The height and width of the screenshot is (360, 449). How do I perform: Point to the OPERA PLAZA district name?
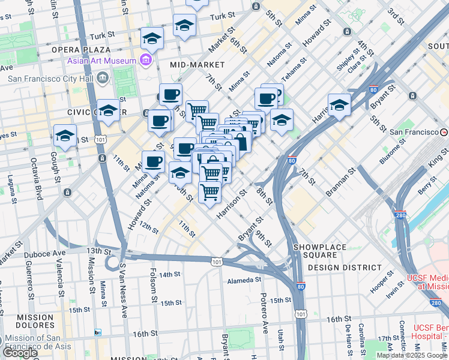(x=82, y=50)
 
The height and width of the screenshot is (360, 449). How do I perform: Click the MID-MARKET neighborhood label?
(x=197, y=64)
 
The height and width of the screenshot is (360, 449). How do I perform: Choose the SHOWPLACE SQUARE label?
(x=320, y=247)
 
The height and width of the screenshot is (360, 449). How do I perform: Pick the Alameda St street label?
(x=244, y=280)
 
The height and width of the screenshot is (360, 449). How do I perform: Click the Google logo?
(x=20, y=353)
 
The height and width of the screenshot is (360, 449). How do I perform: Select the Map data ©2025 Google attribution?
(x=412, y=355)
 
